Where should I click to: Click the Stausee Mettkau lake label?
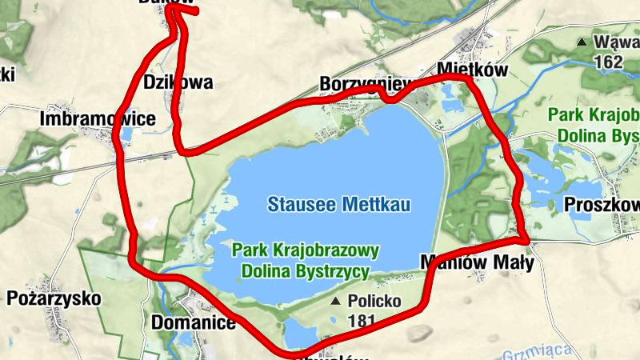coord(339,205)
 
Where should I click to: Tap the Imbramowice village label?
coord(98,119)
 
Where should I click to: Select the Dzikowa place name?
coord(178,82)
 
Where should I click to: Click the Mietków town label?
coord(473,70)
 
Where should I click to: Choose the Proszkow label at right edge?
coord(602,204)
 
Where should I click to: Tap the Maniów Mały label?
coord(476,262)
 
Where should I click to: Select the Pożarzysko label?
coord(54,299)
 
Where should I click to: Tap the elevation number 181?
coord(362,321)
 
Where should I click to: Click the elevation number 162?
coord(608,61)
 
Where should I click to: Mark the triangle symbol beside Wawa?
coord(582,42)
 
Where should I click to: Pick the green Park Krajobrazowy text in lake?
coord(306,250)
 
